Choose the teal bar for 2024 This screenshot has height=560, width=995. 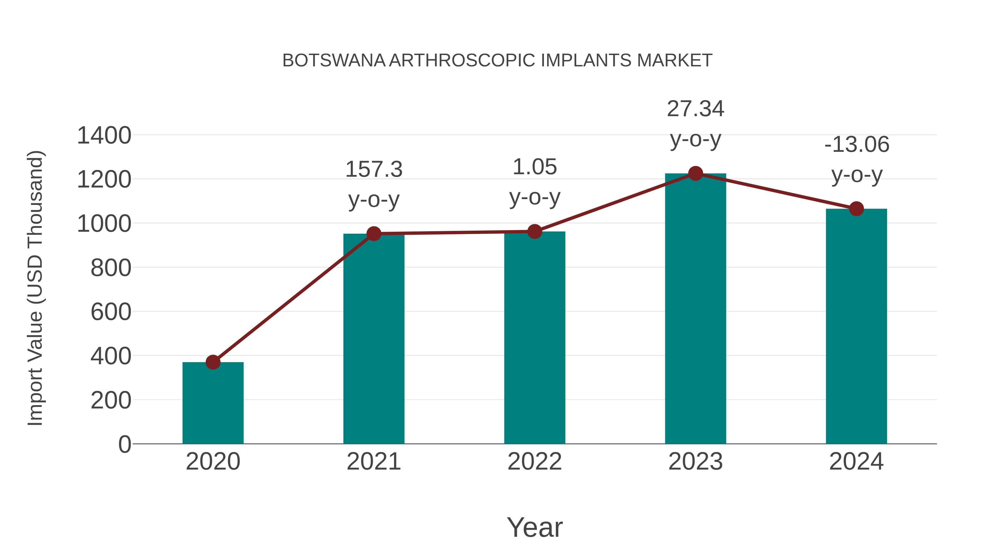click(x=856, y=326)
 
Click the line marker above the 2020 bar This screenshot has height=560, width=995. click(x=213, y=362)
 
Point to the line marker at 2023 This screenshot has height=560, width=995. click(x=695, y=173)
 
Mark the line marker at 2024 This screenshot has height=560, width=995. click(x=856, y=209)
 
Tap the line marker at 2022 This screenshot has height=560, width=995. click(x=535, y=231)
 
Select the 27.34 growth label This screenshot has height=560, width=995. click(x=695, y=109)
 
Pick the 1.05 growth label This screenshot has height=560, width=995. click(x=535, y=167)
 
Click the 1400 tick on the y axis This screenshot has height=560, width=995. click(x=104, y=136)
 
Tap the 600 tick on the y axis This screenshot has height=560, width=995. click(x=111, y=312)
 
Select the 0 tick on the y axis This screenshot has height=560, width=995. click(x=124, y=444)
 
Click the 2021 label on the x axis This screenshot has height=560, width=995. click(x=373, y=462)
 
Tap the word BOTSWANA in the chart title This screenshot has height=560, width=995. click(x=334, y=61)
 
